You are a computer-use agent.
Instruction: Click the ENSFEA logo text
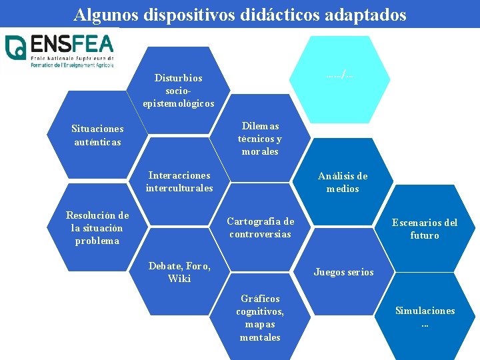tap(72, 45)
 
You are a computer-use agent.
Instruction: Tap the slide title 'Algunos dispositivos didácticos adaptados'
tap(240, 15)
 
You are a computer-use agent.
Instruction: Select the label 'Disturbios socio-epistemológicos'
tap(179, 91)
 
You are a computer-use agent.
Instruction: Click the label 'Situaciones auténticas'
tap(98, 135)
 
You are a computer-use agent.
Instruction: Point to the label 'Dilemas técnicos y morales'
tap(260, 139)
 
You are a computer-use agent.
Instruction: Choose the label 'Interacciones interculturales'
tap(179, 181)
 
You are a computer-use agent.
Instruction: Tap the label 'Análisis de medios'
tap(343, 182)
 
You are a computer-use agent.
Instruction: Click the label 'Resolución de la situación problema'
tap(97, 227)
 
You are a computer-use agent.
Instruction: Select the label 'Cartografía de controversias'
tap(260, 227)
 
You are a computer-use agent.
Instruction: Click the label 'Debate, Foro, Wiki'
tap(179, 272)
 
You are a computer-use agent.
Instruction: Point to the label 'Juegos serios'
tap(343, 272)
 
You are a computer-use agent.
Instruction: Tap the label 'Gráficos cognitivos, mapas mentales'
tap(260, 317)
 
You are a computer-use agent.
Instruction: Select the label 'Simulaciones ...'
tap(425, 317)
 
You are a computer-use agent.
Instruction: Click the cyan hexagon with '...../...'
tap(339, 73)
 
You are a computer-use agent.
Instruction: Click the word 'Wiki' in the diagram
tap(179, 279)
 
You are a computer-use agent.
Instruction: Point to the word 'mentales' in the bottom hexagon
tap(260, 337)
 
